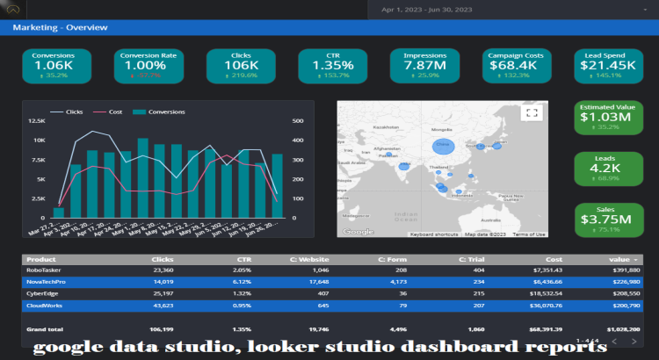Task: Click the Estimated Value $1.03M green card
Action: pos(605,116)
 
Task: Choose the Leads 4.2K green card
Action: pos(605,168)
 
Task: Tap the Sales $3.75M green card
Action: pos(605,220)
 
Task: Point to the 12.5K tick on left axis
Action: pos(37,121)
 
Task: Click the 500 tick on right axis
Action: pos(298,121)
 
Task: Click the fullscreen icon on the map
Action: pos(530,112)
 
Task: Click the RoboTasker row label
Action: pos(43,271)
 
